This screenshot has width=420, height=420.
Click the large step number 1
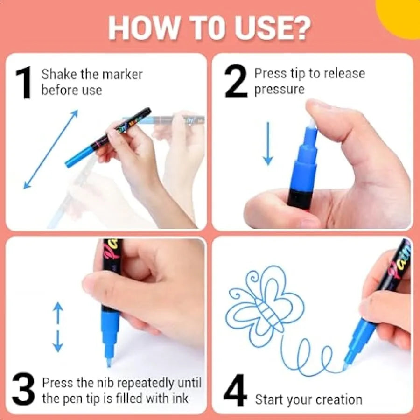(24, 83)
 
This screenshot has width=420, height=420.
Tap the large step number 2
(236, 81)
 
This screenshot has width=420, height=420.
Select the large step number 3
(23, 389)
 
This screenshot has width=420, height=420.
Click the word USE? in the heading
(273, 28)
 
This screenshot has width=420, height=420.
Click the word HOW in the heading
(144, 28)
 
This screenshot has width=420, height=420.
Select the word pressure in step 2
(280, 90)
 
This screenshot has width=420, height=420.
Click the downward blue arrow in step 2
(268, 144)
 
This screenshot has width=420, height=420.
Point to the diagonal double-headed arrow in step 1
(50, 149)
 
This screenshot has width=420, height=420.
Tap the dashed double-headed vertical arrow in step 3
(58, 327)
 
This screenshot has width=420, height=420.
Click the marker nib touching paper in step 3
(109, 362)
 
